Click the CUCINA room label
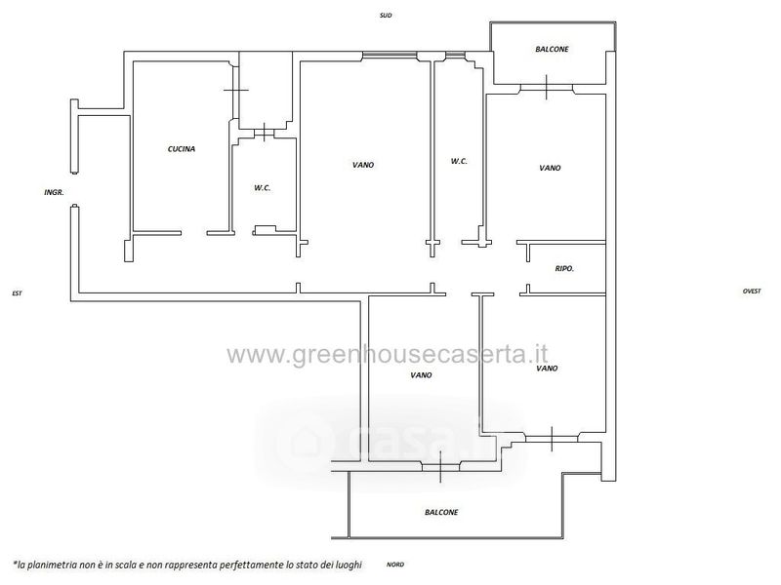[x=182, y=149]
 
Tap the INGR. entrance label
[x=55, y=192]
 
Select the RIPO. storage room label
[x=564, y=269]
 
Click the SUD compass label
[x=386, y=16]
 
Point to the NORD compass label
[x=395, y=565]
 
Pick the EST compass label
[x=17, y=293]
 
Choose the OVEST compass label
[x=752, y=291]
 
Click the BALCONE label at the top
[x=552, y=50]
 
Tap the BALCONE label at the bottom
[x=441, y=512]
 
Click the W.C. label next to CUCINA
[x=262, y=188]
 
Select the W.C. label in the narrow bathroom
[x=459, y=161]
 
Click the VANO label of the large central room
[x=363, y=165]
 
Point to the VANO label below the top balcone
[x=550, y=168]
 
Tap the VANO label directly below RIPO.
[x=547, y=369]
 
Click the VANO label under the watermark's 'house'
[x=421, y=375]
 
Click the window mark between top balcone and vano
[x=547, y=87]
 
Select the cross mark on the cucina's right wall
[x=235, y=90]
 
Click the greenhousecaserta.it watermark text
[x=388, y=355]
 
